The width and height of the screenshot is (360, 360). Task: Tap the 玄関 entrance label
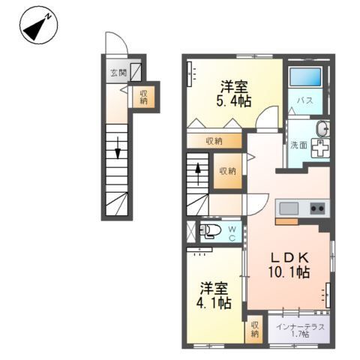point(118,73)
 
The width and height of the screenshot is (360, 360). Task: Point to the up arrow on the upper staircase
point(198,170)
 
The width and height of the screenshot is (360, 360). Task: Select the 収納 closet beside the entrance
point(142,95)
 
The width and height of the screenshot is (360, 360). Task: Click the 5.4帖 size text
point(235,100)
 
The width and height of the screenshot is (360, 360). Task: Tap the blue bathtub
point(305,77)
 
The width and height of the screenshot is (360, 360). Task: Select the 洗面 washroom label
point(298,145)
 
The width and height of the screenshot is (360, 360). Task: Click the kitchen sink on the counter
point(288,208)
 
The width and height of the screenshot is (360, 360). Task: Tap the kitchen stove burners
point(317,208)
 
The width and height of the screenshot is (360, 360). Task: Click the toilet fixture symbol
point(210,230)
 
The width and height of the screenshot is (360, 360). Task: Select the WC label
point(232,232)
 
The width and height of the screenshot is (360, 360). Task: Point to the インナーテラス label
point(299,326)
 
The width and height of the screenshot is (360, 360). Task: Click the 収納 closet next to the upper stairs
point(227,170)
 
